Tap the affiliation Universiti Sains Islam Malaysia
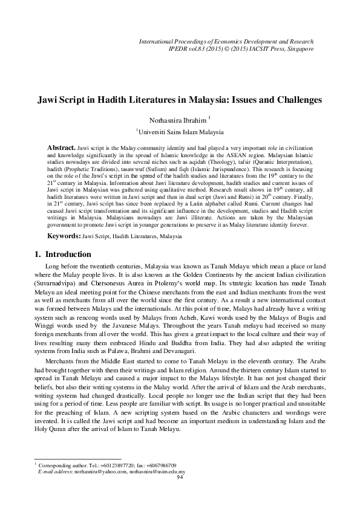[181, 131]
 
